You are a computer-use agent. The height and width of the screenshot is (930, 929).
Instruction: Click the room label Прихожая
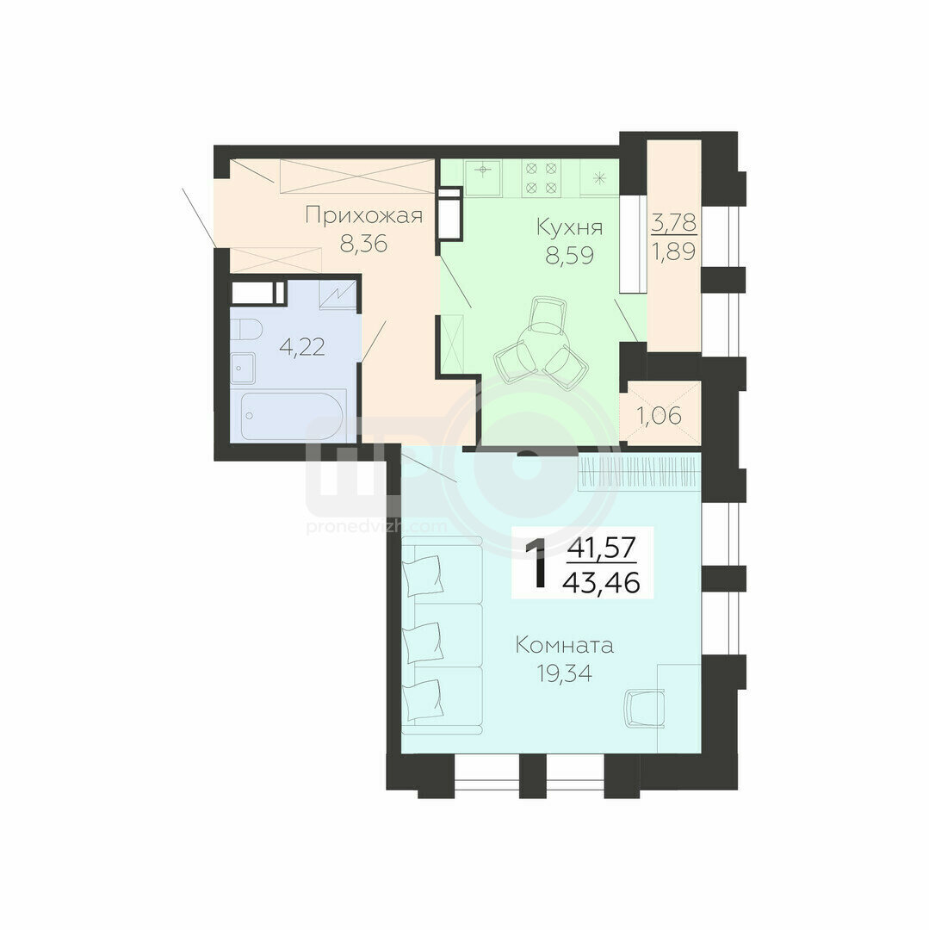[x=363, y=215]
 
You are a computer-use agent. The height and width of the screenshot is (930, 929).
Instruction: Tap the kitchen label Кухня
[x=569, y=226]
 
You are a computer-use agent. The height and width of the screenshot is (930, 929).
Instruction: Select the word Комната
[x=564, y=645]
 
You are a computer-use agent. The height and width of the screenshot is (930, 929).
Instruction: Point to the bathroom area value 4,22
[x=301, y=347]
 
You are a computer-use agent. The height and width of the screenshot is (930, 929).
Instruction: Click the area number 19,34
[x=564, y=673]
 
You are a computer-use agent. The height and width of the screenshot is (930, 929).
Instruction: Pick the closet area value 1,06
[x=660, y=416]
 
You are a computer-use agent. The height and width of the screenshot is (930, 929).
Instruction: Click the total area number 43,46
[x=601, y=584]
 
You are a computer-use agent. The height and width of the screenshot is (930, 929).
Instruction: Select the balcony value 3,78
[x=673, y=223]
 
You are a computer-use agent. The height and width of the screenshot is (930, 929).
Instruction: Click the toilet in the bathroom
[x=245, y=329]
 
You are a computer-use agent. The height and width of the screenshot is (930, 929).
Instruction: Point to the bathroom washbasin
[x=243, y=368]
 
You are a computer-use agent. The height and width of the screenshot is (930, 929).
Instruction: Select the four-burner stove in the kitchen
[x=541, y=178]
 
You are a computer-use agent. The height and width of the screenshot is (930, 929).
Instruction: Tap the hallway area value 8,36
[x=363, y=243]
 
